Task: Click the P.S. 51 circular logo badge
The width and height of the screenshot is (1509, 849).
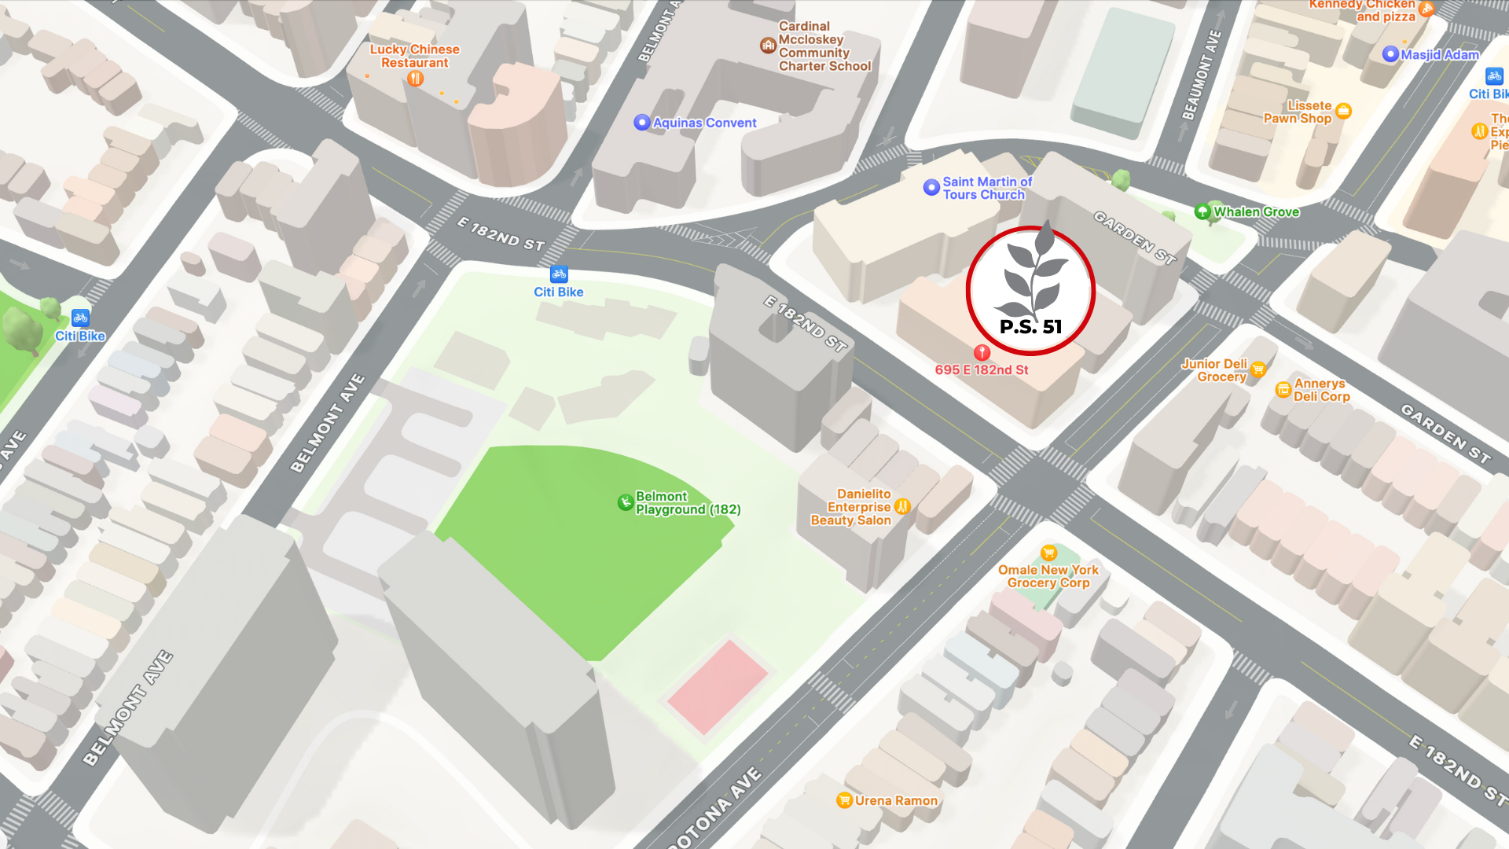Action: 1030,290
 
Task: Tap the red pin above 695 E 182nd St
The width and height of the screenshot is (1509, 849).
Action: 982,352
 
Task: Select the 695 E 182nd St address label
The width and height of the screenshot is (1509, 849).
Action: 982,370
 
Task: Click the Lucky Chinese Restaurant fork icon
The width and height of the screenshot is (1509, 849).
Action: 415,79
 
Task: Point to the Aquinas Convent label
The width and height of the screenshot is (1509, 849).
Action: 704,123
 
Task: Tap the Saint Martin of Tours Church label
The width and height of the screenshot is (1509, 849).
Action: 987,189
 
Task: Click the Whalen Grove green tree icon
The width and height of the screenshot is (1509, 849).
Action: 1202,211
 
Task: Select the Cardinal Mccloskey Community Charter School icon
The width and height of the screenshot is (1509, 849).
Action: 768,46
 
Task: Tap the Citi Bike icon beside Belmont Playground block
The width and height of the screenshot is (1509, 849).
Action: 559,274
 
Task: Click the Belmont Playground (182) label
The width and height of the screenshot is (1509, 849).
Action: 688,503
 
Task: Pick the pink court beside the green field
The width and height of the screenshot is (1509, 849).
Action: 717,686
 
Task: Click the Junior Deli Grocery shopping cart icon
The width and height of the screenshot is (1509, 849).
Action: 1258,369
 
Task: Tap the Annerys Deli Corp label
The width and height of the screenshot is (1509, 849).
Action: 1321,390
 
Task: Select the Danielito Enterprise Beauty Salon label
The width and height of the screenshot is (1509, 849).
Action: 851,507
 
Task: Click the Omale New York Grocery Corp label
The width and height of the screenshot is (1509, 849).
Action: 1048,576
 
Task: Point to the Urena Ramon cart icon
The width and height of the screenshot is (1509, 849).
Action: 844,800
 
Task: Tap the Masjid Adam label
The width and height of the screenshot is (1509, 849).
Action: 1439,54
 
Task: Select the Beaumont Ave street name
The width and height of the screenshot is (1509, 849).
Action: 1202,75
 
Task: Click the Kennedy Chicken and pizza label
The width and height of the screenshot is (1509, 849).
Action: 1363,10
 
